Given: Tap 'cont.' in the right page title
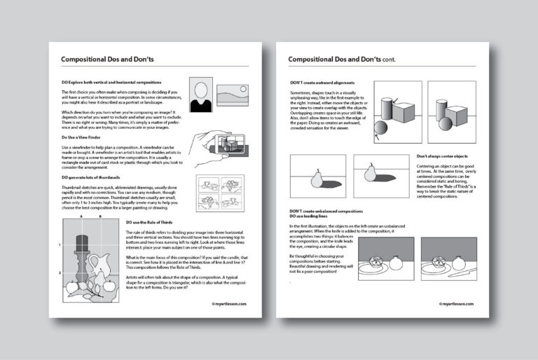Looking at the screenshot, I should click(385, 60).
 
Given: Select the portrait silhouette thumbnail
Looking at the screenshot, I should click(202, 95).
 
